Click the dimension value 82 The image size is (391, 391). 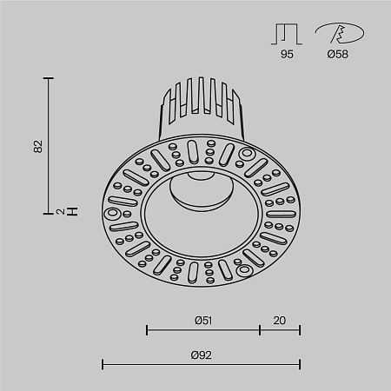click(x=37, y=147)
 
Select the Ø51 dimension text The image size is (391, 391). click(x=203, y=320)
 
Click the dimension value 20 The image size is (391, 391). click(x=280, y=320)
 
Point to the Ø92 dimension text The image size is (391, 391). click(x=202, y=354)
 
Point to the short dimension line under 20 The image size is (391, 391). click(x=280, y=330)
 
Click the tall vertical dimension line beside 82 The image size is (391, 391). click(x=50, y=145)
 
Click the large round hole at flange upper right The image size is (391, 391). click(x=247, y=156)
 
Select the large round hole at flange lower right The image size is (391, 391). click(x=247, y=269)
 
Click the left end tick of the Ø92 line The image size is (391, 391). click(x=103, y=364)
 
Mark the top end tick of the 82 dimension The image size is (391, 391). click(x=50, y=78)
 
